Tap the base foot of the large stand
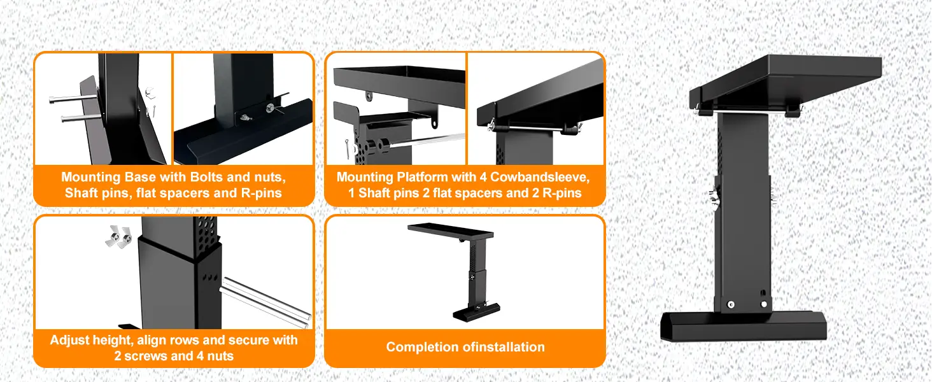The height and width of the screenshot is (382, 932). pos(744,326)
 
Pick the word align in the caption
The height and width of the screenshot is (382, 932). pos(160,339)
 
